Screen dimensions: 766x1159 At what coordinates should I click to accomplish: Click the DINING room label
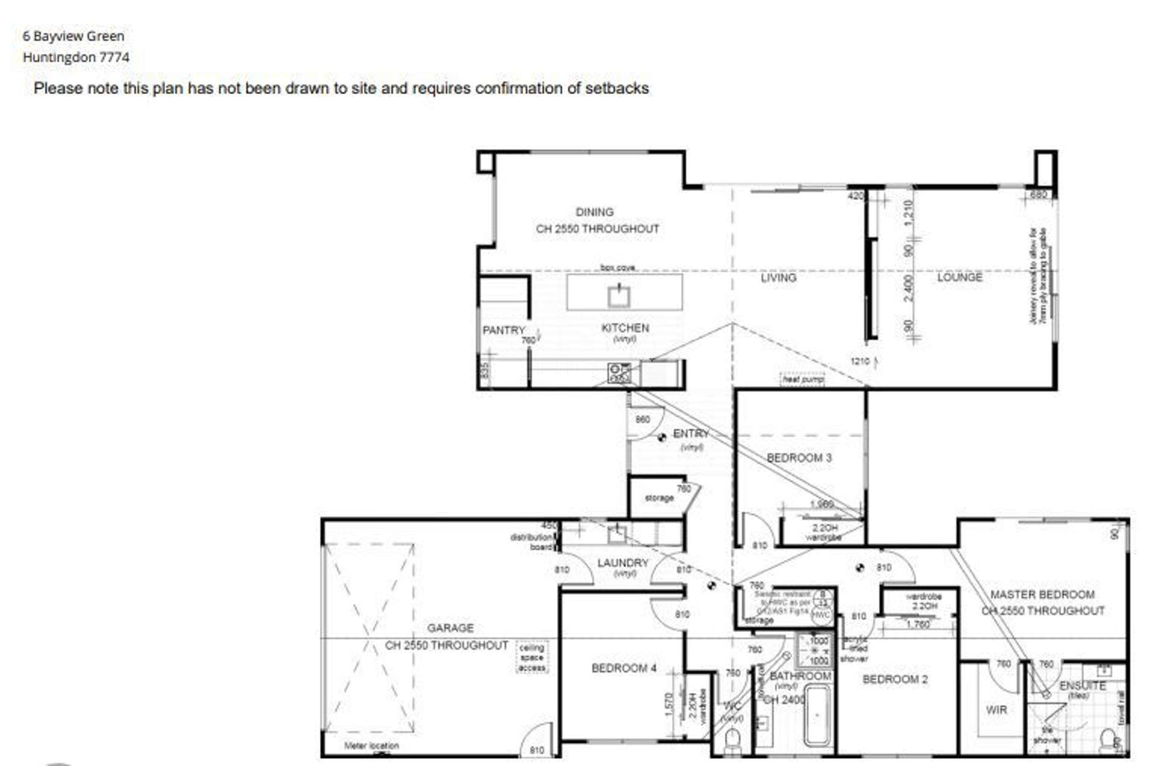pyautogui.click(x=595, y=212)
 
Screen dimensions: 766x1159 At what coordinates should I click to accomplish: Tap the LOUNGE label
pyautogui.click(x=959, y=278)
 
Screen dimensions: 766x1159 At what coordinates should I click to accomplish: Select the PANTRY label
pyautogui.click(x=503, y=331)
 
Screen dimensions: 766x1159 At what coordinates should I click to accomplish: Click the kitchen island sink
pyautogui.click(x=619, y=296)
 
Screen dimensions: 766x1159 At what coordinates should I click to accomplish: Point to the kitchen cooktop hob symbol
pyautogui.click(x=619, y=373)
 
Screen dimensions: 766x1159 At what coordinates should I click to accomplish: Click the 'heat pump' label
pyautogui.click(x=803, y=380)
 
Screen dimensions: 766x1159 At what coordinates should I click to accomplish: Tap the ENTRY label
pyautogui.click(x=691, y=434)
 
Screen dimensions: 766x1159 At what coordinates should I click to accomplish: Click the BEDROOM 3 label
pyautogui.click(x=799, y=458)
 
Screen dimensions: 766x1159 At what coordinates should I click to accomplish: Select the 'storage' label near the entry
pyautogui.click(x=659, y=498)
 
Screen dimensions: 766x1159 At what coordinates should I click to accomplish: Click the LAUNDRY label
pyautogui.click(x=622, y=563)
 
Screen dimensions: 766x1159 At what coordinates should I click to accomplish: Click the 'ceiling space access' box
pyautogui.click(x=532, y=657)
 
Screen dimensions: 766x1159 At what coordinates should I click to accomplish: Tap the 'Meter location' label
pyautogui.click(x=371, y=746)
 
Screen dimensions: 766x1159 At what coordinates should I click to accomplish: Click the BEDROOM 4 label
pyautogui.click(x=624, y=668)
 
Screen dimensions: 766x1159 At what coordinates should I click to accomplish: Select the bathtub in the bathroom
pyautogui.click(x=817, y=717)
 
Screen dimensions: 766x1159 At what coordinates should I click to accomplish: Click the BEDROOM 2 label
pyautogui.click(x=895, y=680)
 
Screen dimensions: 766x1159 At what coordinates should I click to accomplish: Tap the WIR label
pyautogui.click(x=996, y=710)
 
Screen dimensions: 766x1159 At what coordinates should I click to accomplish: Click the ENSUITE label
pyautogui.click(x=1082, y=686)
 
